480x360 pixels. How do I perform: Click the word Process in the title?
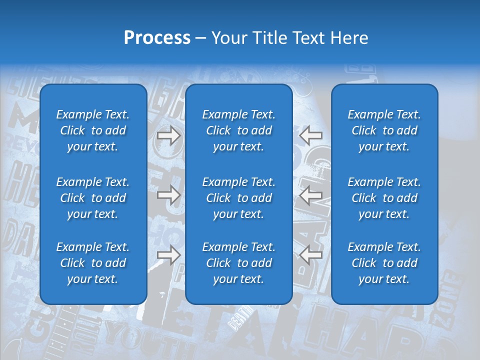tap(157, 38)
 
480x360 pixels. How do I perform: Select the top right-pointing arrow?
tap(168, 135)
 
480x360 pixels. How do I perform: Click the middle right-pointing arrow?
tap(168, 195)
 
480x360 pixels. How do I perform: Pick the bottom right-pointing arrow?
tap(168, 255)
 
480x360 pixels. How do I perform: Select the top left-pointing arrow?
tap(311, 135)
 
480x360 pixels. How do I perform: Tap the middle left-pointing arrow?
tap(311, 195)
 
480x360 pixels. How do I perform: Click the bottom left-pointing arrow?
tap(311, 255)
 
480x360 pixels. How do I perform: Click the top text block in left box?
tap(93, 130)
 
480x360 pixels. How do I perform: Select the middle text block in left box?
tap(93, 198)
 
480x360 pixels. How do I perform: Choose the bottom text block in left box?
tap(93, 263)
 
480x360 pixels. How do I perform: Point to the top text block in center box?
tap(238, 130)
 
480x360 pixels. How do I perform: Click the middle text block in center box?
tap(238, 198)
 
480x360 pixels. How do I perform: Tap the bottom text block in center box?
tap(238, 263)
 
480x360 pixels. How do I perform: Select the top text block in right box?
tap(384, 130)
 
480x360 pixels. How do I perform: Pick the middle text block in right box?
tap(384, 198)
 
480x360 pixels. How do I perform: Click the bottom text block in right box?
tap(384, 263)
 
